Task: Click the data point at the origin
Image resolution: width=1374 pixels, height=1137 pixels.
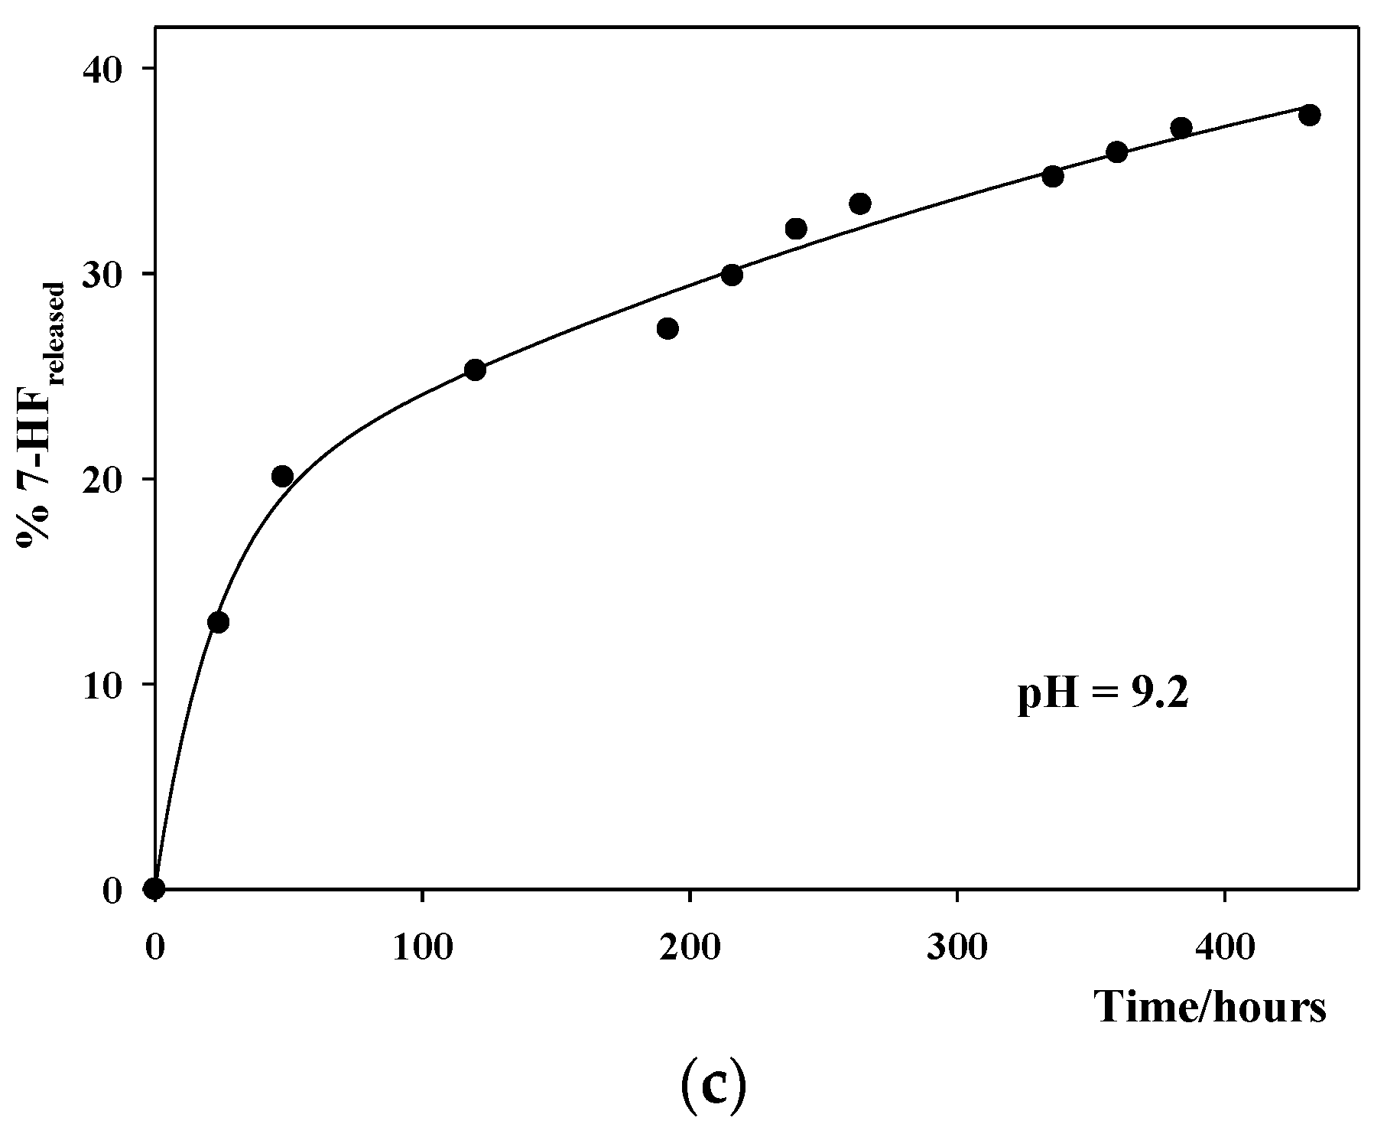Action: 154,888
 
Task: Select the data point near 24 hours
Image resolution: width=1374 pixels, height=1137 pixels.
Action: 218,622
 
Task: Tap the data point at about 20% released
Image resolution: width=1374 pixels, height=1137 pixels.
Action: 282,477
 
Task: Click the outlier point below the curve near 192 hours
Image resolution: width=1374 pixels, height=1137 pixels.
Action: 668,329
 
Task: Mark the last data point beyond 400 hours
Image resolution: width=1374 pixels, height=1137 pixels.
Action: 1310,115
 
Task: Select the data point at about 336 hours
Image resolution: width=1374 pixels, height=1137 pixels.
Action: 1053,177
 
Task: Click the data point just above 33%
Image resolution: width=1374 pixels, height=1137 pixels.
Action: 860,204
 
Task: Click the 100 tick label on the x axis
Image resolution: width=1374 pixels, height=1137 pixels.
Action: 422,948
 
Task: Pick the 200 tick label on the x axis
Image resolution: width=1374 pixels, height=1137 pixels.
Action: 690,948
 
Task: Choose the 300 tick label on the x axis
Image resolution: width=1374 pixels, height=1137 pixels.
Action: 957,948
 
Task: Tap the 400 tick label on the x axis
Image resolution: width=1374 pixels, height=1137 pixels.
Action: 1225,948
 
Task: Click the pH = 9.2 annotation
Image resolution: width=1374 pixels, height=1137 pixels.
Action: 1103,696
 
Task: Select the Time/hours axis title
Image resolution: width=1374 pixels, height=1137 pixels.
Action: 1211,1008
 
